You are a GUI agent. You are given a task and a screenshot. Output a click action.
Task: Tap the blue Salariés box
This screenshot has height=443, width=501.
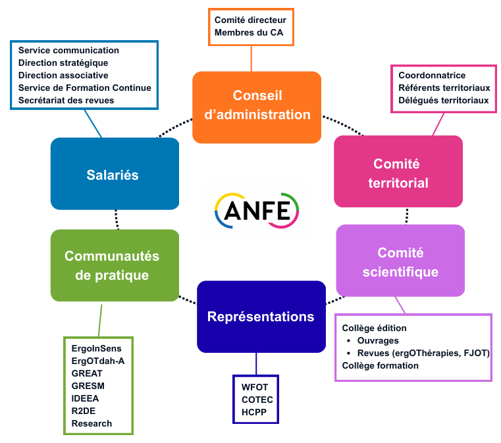click(x=115, y=174)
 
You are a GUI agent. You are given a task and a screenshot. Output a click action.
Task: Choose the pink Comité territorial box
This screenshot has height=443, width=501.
click(x=398, y=172)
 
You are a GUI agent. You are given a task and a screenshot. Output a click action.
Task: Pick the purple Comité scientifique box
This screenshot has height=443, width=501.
click(x=400, y=261)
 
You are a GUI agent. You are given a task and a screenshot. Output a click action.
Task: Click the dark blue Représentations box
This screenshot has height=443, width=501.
click(x=261, y=317)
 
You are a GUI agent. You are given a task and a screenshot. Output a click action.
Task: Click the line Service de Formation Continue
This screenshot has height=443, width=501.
click(x=85, y=88)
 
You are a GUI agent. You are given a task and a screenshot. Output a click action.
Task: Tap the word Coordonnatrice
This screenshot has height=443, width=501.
click(x=432, y=76)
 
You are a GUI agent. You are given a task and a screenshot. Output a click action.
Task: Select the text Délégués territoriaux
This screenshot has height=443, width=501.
click(x=444, y=101)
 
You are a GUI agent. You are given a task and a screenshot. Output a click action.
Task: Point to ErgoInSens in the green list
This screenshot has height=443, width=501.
click(x=96, y=348)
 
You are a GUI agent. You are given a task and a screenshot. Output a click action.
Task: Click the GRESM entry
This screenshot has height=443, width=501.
click(x=88, y=386)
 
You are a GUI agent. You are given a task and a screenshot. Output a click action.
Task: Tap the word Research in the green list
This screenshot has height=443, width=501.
click(x=92, y=423)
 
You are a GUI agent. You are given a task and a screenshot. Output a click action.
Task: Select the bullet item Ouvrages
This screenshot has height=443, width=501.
click(x=378, y=340)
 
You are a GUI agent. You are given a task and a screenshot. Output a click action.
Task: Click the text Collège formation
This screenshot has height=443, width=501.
click(x=381, y=365)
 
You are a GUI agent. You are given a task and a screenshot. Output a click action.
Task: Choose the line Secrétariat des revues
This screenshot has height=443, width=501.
click(x=66, y=100)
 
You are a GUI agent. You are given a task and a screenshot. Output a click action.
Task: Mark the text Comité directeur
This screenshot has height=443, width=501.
click(x=250, y=20)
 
